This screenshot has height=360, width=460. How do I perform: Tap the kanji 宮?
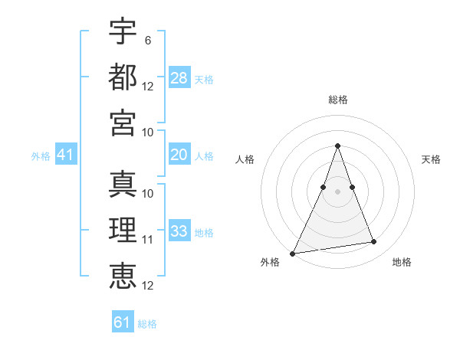tap(123, 123)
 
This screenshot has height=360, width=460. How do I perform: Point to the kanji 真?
tap(123, 185)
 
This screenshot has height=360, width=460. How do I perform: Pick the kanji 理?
tap(123, 231)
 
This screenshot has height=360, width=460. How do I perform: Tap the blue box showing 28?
tap(179, 78)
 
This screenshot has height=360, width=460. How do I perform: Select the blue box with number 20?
tap(179, 155)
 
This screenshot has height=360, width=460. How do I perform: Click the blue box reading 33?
tap(179, 231)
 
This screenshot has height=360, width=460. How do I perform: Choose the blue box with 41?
tap(66, 155)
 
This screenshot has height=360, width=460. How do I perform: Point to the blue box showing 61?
tap(123, 322)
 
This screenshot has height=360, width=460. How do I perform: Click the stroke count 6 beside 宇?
tap(147, 39)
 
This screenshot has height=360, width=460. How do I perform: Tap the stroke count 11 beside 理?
tap(148, 239)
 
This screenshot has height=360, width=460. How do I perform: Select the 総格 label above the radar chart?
tap(337, 100)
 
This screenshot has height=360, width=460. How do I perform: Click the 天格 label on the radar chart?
tap(431, 159)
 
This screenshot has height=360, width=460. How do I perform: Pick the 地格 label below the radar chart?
tap(402, 262)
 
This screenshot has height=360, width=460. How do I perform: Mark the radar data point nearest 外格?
tap(293, 253)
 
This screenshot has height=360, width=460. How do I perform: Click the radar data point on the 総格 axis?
tap(337, 146)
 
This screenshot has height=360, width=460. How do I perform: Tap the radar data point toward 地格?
tap(374, 242)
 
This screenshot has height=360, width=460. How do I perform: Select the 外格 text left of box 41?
tap(41, 155)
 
